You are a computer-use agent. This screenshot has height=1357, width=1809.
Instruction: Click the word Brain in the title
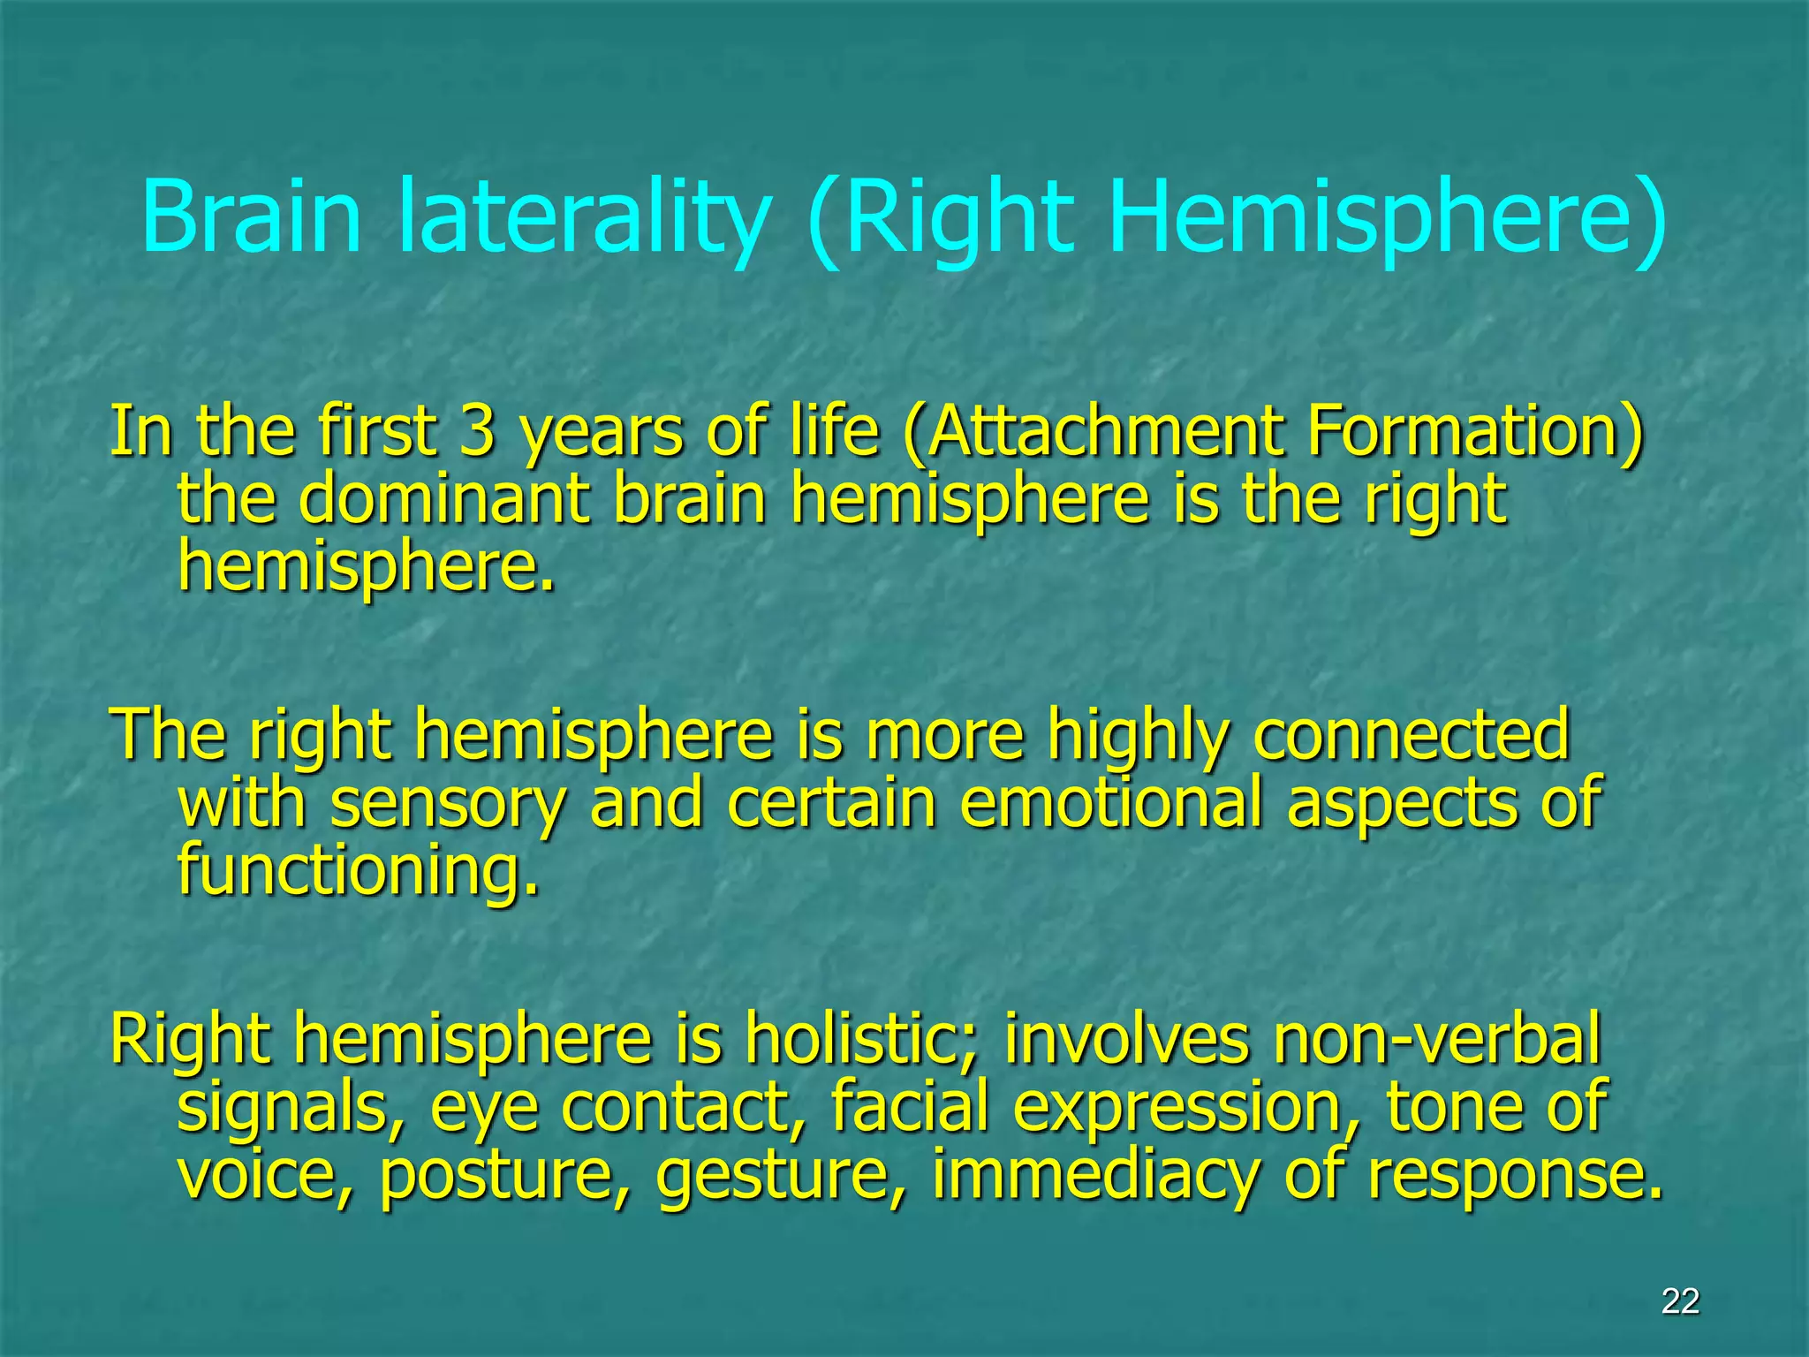click(x=252, y=216)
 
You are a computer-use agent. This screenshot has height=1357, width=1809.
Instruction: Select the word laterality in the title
click(x=583, y=216)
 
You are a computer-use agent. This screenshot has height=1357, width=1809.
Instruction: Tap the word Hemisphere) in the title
click(x=1387, y=216)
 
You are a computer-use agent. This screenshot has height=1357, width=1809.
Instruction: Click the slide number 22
click(x=1680, y=1301)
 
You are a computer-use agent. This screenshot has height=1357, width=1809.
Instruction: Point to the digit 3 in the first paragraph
click(x=477, y=431)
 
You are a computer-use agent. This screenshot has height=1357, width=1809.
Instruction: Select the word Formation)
click(x=1475, y=431)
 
